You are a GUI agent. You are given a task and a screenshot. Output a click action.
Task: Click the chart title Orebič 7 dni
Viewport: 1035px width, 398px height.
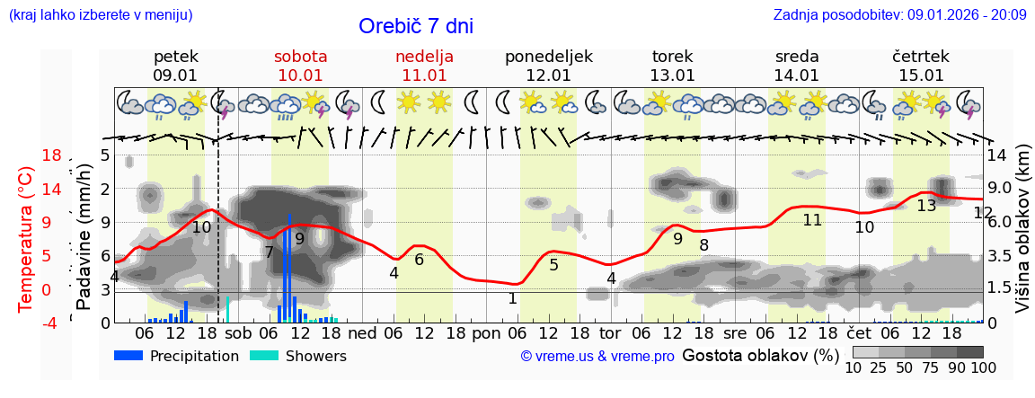[x=415, y=26]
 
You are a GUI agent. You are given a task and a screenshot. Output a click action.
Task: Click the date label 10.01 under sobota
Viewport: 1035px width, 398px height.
[x=300, y=75]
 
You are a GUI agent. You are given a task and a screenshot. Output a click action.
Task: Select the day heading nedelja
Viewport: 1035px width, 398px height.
[x=424, y=57]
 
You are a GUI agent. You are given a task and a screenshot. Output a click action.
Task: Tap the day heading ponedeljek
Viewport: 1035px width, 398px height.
[x=548, y=57]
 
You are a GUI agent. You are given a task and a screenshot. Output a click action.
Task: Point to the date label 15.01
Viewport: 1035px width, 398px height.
[x=921, y=75]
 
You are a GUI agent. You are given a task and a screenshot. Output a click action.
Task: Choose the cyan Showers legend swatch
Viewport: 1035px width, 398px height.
[x=264, y=356]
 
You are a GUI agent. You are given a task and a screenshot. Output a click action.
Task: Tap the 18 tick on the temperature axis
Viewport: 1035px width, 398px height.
[x=52, y=155]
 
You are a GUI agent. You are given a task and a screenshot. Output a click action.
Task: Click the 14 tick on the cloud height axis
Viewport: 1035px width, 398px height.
[x=998, y=155]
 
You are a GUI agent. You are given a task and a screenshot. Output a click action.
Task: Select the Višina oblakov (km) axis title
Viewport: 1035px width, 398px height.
[x=1022, y=239]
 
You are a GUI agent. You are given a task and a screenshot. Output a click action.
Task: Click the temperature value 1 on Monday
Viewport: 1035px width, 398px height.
[x=512, y=298]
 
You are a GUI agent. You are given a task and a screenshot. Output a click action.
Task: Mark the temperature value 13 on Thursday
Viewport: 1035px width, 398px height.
[x=926, y=205]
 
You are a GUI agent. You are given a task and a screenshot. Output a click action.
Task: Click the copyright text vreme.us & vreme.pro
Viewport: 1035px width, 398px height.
[x=597, y=357]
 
